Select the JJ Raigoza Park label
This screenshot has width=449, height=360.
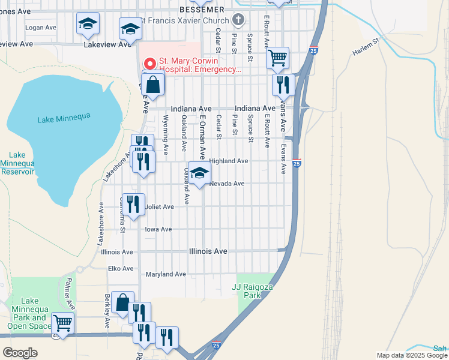point(247,291)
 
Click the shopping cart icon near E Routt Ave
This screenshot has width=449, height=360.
point(277,58)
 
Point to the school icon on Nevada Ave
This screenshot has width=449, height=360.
point(200,173)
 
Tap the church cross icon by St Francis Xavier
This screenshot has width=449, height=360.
point(238,20)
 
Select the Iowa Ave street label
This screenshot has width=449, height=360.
point(158,229)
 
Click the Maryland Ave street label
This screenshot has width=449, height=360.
point(166,274)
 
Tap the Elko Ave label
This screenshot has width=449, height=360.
point(121,268)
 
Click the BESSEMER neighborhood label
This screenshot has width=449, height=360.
point(202,9)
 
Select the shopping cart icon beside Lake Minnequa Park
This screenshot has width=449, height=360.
point(62,323)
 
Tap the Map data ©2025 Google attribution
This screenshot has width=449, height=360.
point(411,355)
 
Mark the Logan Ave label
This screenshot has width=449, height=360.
point(40,28)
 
